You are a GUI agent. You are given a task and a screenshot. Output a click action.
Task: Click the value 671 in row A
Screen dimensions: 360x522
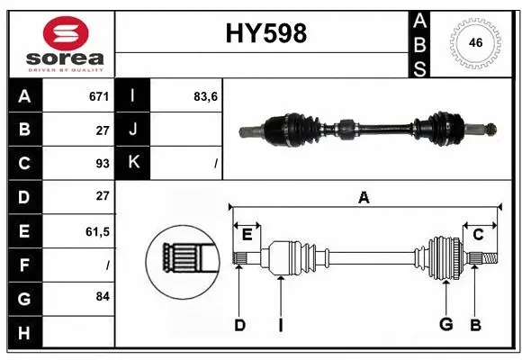(98, 95)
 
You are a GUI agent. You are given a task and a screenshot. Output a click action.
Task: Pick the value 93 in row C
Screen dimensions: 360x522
(102, 163)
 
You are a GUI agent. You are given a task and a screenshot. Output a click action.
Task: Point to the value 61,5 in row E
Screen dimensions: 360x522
(96, 231)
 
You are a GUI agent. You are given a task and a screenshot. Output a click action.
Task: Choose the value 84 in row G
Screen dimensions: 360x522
(102, 296)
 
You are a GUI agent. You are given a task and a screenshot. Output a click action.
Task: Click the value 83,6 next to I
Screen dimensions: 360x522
(205, 95)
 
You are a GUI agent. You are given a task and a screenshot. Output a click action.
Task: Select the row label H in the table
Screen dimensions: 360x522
(23, 332)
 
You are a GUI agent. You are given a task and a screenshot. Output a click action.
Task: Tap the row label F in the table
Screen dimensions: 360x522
(23, 265)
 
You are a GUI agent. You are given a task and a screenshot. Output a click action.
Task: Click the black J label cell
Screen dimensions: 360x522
(133, 129)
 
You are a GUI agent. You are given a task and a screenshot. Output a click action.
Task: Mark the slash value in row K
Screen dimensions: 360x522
(215, 163)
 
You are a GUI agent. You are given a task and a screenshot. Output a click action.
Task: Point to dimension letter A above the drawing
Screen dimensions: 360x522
(364, 198)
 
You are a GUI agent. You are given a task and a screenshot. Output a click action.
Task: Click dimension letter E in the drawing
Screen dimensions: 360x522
(247, 235)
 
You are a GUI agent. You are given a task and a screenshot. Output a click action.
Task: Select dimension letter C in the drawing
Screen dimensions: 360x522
(479, 235)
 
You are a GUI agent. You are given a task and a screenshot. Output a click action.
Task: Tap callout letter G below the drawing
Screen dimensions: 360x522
(445, 325)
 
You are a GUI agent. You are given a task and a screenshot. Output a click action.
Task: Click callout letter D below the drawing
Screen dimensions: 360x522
(239, 325)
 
